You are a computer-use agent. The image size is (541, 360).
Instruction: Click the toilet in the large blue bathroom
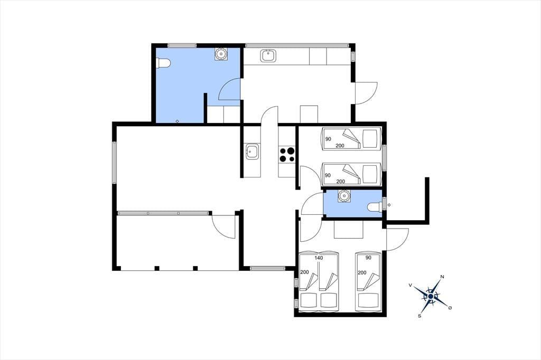163,63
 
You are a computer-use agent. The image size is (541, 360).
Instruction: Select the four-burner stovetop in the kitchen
287,155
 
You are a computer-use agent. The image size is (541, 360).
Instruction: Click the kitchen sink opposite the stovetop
253,151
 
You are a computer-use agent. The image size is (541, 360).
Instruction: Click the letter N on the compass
442,277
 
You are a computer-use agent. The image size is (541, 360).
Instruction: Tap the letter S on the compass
420,316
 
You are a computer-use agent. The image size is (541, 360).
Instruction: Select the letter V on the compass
410,285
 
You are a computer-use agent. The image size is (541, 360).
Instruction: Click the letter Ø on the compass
450,307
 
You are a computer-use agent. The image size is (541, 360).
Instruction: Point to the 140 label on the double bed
319,258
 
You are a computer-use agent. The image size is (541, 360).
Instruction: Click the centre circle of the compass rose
431,296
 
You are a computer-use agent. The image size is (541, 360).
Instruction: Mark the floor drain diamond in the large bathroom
178,121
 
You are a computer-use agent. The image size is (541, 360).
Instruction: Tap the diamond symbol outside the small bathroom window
389,205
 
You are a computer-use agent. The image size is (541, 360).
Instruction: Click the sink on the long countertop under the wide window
268,55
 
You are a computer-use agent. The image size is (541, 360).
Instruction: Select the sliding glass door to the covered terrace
163,213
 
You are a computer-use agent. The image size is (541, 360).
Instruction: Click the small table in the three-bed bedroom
349,229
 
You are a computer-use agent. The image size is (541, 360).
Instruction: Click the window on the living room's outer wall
114,162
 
